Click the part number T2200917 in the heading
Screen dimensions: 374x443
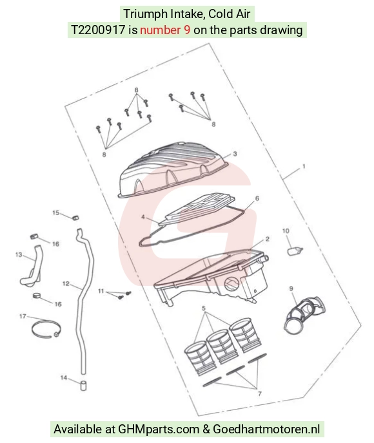[x=97, y=30]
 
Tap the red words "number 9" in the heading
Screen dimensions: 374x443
[x=165, y=30]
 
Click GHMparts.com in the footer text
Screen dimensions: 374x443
[x=159, y=429]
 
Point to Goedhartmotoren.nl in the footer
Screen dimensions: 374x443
[x=266, y=429]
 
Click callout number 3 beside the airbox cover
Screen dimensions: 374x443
[x=235, y=154]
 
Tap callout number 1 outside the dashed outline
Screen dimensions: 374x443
[x=304, y=166]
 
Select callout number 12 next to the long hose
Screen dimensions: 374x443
[x=66, y=283]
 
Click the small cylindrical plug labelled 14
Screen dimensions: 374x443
[x=83, y=386]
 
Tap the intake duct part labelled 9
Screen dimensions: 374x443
[x=304, y=314]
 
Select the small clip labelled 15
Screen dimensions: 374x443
[x=75, y=218]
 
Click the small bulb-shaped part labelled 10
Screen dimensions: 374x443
[x=295, y=250]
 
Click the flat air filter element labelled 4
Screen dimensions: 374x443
[x=197, y=209]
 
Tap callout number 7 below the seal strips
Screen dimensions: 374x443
[x=260, y=393]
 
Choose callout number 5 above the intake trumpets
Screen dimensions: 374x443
[x=204, y=308]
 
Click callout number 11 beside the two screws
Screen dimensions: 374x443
[x=101, y=291]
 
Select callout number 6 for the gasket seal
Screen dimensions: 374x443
[x=257, y=198]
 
